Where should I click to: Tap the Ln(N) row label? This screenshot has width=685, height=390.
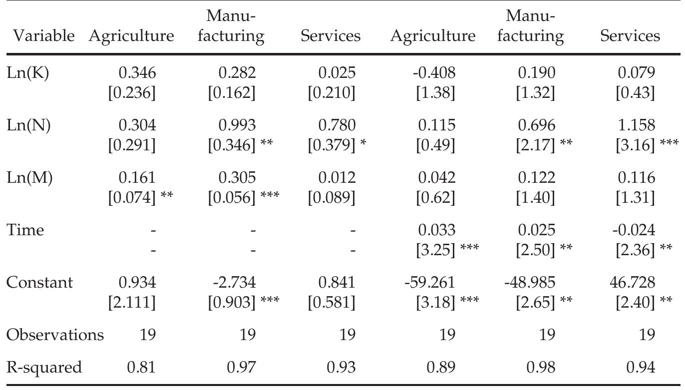tap(28, 125)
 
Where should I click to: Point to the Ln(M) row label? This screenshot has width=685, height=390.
tap(29, 178)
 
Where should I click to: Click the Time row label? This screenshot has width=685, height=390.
tap(25, 230)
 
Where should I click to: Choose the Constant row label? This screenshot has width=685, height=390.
tap(39, 283)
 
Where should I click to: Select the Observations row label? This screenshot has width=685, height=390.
tap(54, 335)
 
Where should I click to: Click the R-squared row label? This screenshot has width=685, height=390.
tap(43, 368)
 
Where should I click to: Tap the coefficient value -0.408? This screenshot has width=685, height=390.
tap(435, 73)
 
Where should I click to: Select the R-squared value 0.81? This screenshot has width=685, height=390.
tap(141, 368)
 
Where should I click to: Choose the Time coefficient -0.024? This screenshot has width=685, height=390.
tap(636, 230)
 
